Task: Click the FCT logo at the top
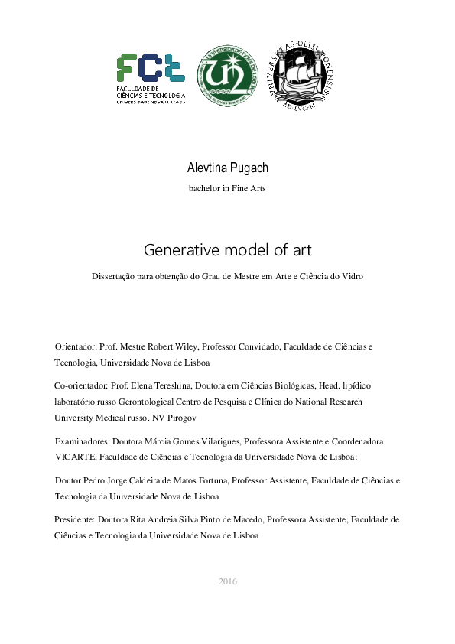coord(151,76)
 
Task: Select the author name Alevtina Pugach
coord(227,167)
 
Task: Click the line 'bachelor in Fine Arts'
coord(227,188)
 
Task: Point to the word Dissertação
coord(115,276)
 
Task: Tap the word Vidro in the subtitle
coord(351,276)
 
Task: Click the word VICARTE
coord(74,457)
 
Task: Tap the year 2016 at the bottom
coord(227,581)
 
